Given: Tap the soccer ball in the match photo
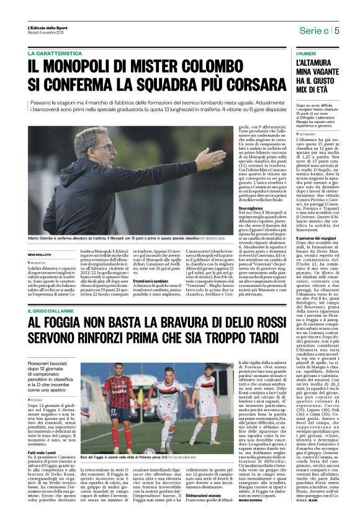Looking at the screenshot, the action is pos(149,451).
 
